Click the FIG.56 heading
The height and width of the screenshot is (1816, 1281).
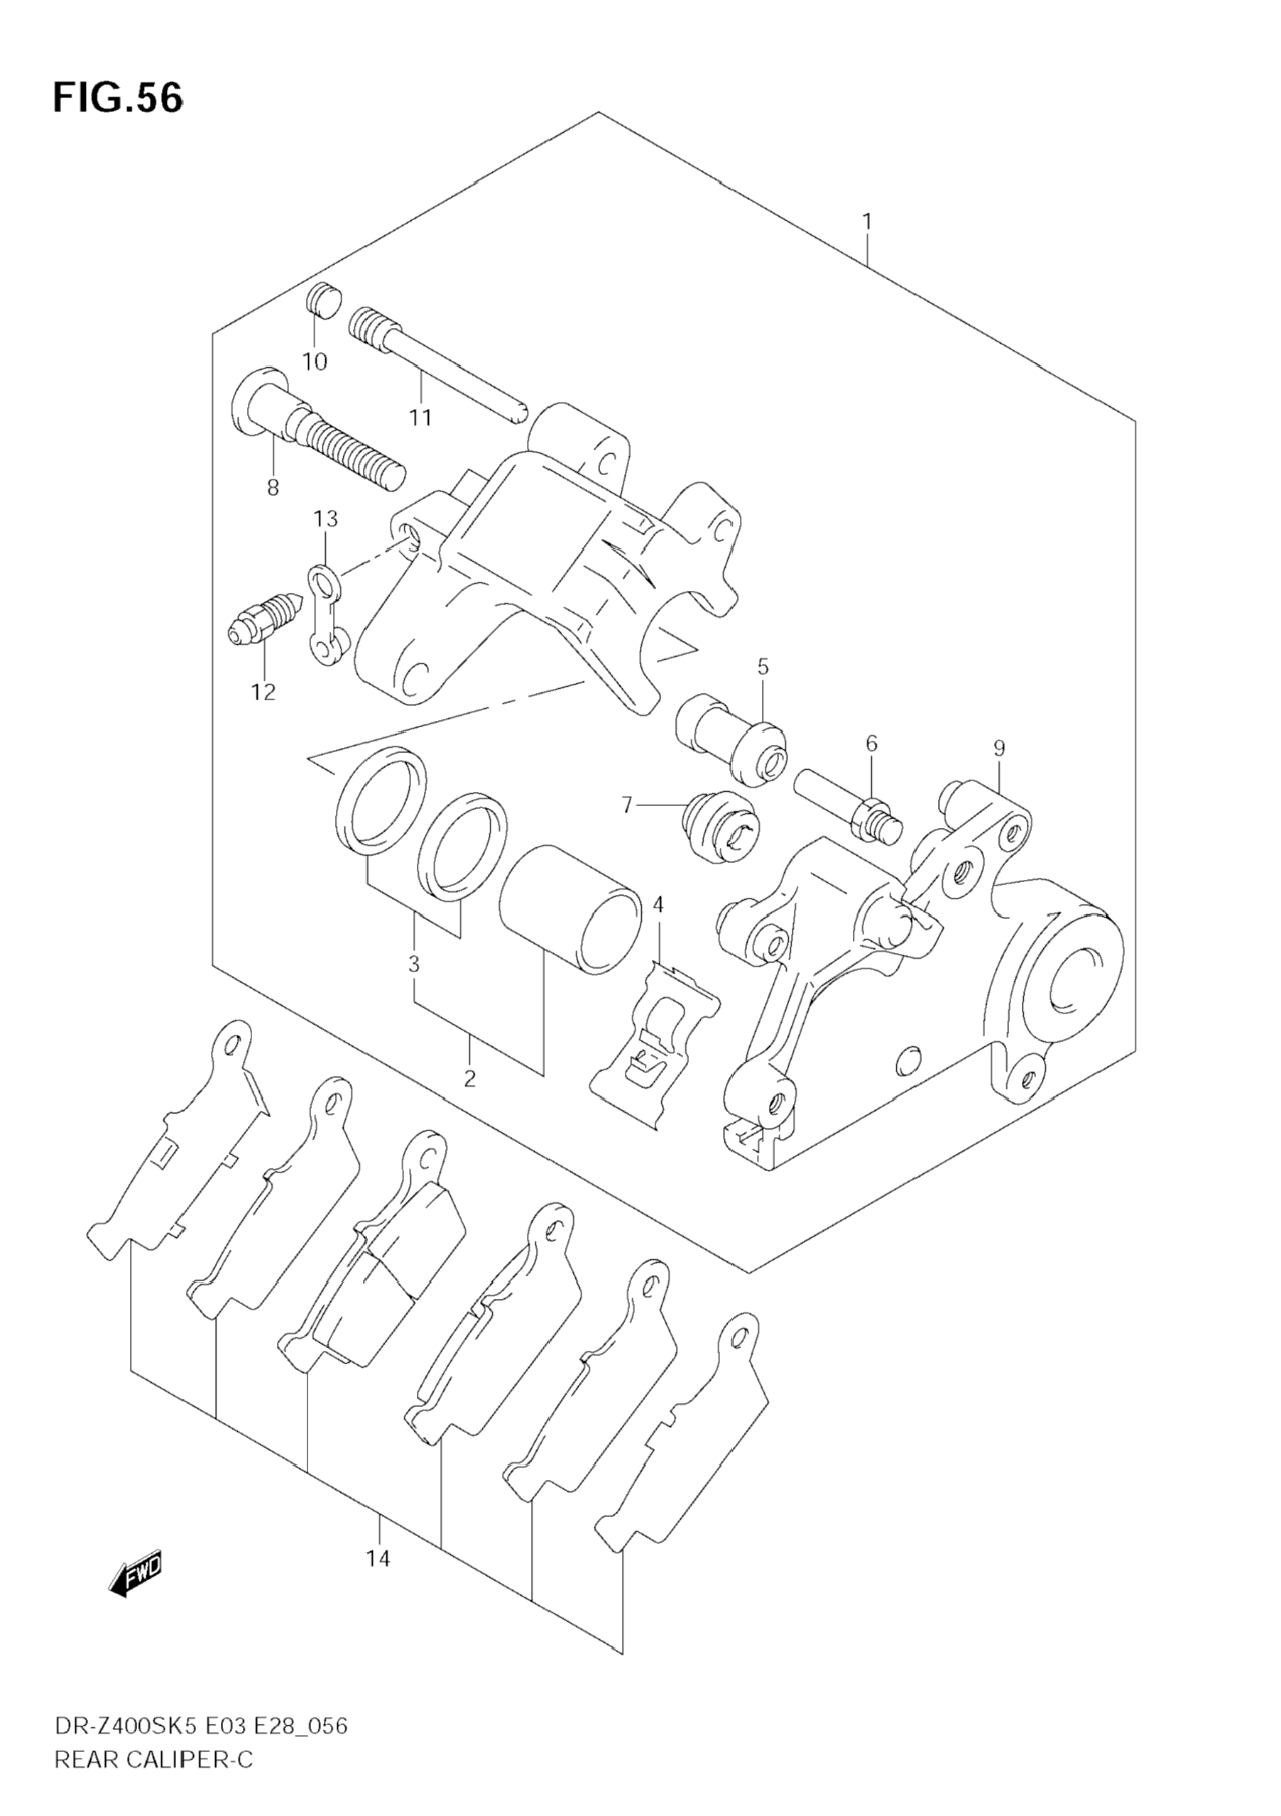pyautogui.click(x=118, y=99)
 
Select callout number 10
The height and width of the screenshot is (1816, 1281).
pyautogui.click(x=315, y=362)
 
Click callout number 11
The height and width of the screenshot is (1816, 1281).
pyautogui.click(x=420, y=418)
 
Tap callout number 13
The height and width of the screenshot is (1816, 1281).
pyautogui.click(x=326, y=519)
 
